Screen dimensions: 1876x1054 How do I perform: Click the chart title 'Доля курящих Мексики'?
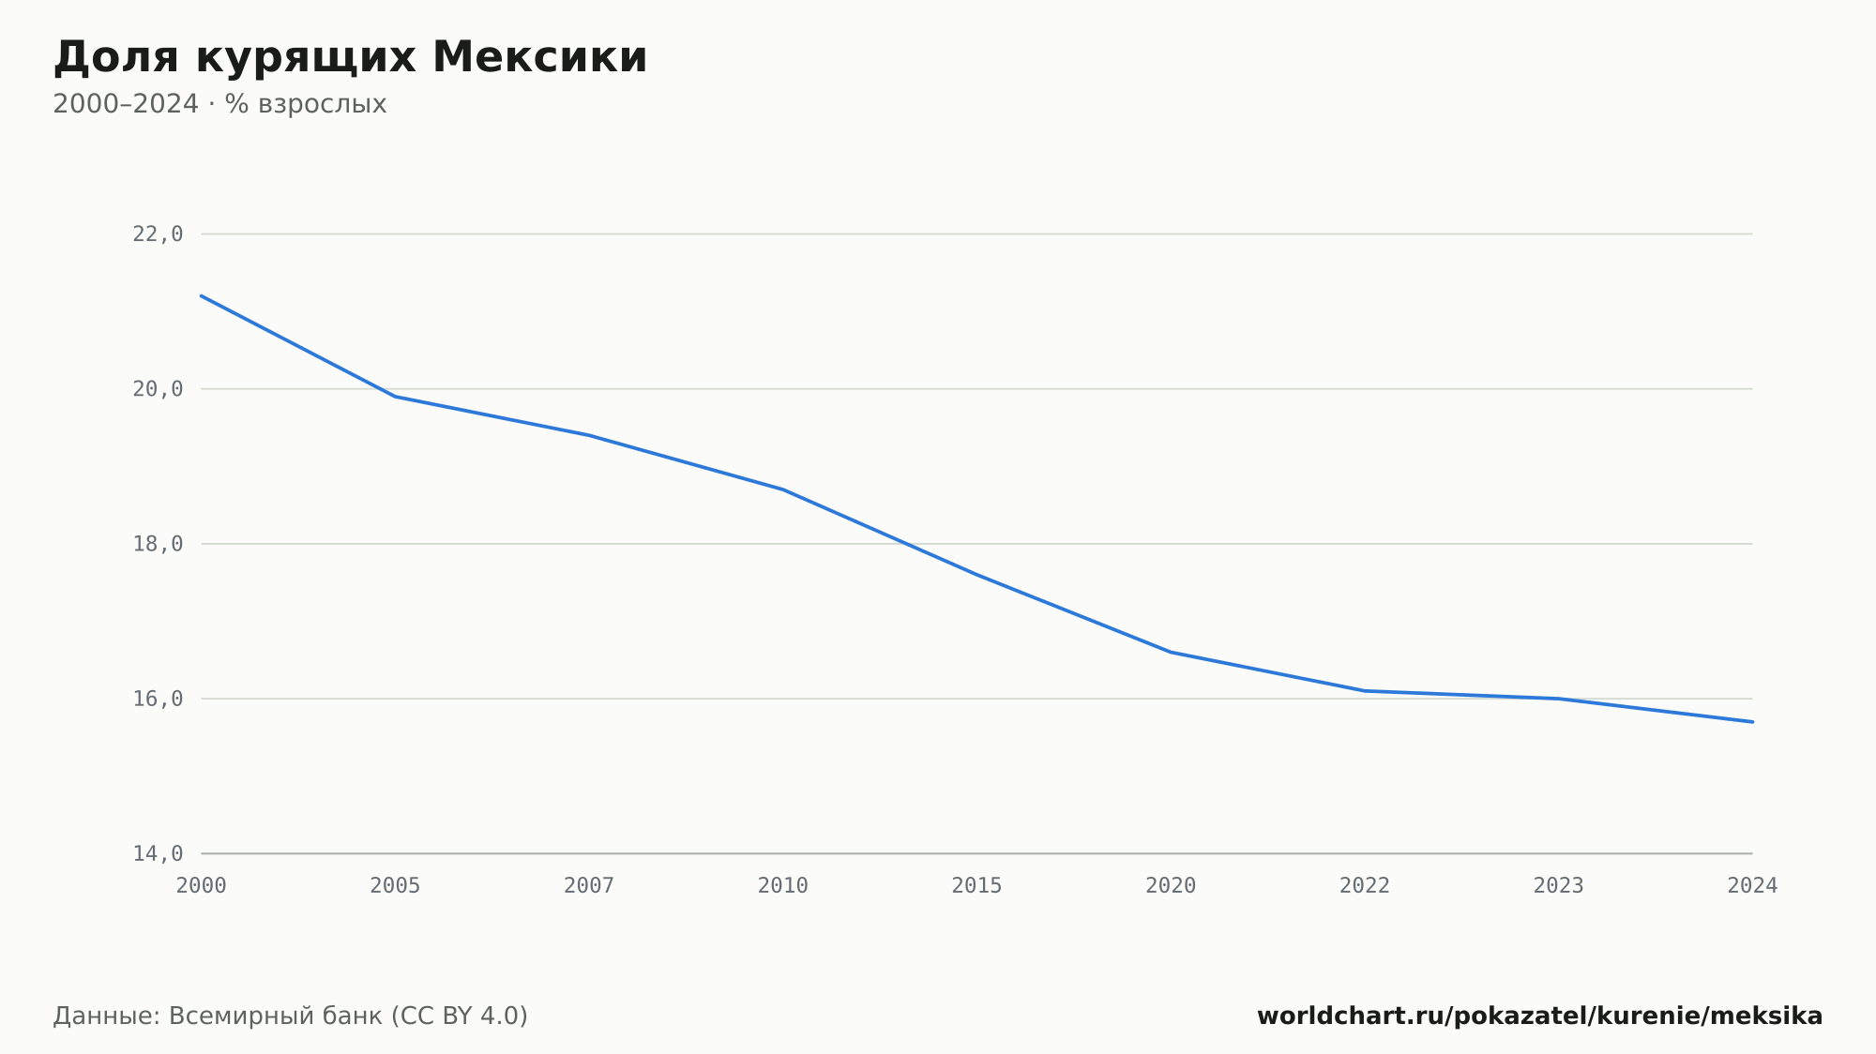(x=350, y=57)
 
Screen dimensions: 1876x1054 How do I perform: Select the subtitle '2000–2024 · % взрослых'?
(x=219, y=104)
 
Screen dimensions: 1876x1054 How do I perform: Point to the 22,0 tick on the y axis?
(x=158, y=234)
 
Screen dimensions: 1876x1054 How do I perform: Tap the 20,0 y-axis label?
(x=158, y=389)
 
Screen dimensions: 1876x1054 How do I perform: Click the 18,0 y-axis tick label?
(x=158, y=544)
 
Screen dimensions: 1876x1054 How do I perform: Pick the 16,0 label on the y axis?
(x=158, y=699)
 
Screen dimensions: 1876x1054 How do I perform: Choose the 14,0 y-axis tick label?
(x=158, y=853)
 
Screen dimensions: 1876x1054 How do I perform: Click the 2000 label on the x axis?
(x=202, y=886)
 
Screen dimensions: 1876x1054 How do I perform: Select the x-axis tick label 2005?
(x=395, y=886)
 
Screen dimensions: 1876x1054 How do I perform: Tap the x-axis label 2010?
(x=783, y=886)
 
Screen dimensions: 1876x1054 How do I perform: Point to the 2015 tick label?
(x=977, y=886)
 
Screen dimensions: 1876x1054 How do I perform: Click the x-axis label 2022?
(x=1365, y=886)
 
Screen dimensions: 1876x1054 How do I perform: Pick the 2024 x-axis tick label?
(x=1752, y=886)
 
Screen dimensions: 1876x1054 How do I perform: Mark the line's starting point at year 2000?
(x=202, y=295)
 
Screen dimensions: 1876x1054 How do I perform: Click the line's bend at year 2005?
(x=395, y=397)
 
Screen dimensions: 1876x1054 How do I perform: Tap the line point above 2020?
(x=1171, y=652)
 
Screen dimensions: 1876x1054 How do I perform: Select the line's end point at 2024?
(x=1752, y=722)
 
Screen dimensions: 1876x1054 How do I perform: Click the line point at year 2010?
(x=783, y=489)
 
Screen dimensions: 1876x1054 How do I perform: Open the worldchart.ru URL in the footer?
(x=1540, y=1016)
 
